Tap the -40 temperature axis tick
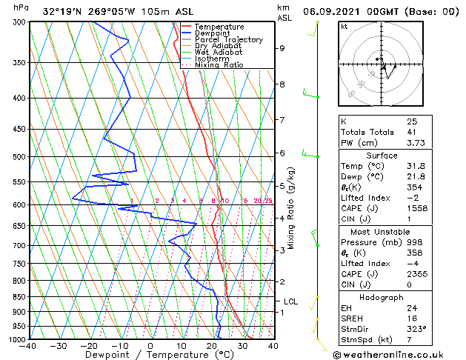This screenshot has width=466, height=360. (x=28, y=345)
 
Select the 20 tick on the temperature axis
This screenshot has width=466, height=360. (x=211, y=345)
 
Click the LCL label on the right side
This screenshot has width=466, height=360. (x=290, y=301)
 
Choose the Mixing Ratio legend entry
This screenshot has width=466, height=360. (x=219, y=65)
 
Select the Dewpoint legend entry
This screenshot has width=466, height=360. (x=213, y=33)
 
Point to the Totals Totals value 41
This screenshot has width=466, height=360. (x=412, y=132)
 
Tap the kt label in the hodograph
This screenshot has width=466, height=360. (x=344, y=26)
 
